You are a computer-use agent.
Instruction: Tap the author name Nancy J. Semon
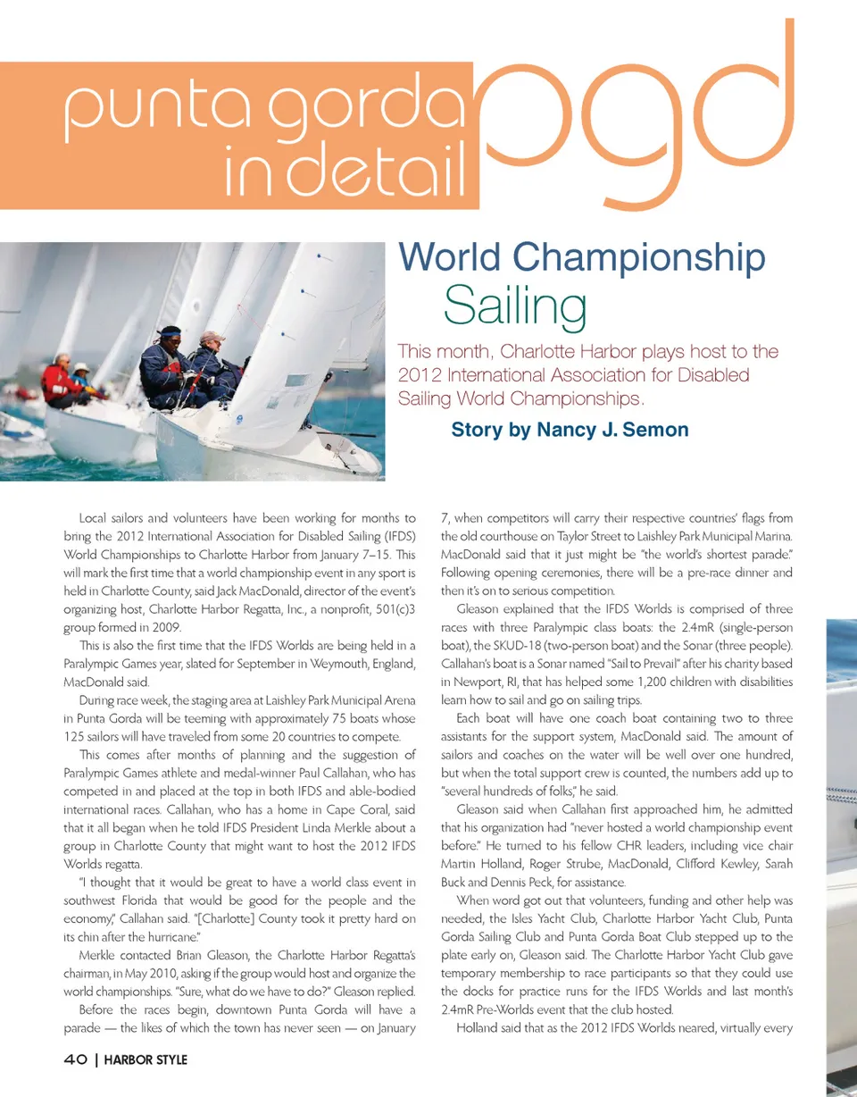pos(612,430)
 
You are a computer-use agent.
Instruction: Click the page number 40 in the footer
pos(74,1060)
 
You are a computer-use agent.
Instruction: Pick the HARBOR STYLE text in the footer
pos(146,1060)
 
